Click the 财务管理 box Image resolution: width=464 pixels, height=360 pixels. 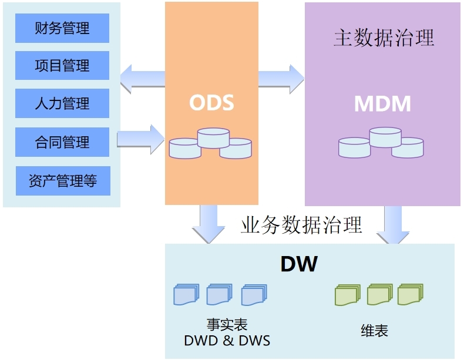(62, 28)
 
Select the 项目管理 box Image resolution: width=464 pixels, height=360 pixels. (62, 66)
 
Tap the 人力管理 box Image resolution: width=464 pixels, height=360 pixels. (62, 104)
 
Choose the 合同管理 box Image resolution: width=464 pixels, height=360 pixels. (62, 142)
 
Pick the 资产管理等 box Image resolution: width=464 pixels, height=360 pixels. (62, 181)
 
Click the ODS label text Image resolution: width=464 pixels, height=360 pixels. (211, 103)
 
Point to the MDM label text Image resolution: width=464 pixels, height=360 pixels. (382, 104)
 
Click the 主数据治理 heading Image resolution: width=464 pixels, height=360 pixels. (384, 38)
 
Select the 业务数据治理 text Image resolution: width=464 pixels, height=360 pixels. (301, 225)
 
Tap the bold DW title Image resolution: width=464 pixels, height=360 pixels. (299, 264)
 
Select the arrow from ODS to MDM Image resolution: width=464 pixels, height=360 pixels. (281, 78)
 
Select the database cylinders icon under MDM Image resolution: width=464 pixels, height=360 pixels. (381, 143)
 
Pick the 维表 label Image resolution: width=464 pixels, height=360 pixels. (374, 331)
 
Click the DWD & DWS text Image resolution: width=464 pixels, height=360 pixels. (227, 341)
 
